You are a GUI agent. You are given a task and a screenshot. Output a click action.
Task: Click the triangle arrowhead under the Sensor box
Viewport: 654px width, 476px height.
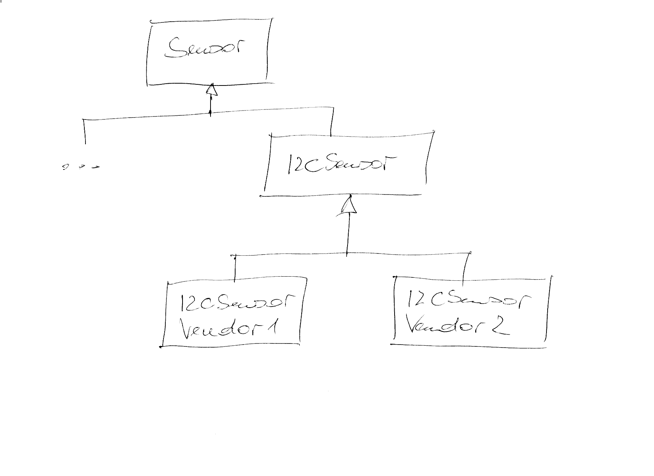point(212,90)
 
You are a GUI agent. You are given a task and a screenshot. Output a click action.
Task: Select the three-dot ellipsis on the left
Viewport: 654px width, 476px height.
point(81,167)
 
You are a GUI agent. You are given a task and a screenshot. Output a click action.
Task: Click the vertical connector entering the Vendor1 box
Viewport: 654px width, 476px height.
point(234,269)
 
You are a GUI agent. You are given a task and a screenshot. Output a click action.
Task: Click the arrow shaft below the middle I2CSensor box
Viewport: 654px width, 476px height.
point(348,233)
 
